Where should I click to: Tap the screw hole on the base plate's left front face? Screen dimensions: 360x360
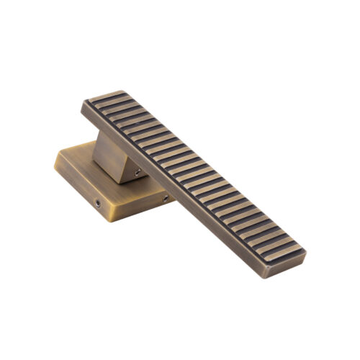[98, 204]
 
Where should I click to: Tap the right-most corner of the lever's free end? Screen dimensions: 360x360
[306, 253]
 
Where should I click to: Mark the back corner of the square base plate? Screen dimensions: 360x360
[94, 142]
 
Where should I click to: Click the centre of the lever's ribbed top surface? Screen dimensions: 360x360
[194, 173]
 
